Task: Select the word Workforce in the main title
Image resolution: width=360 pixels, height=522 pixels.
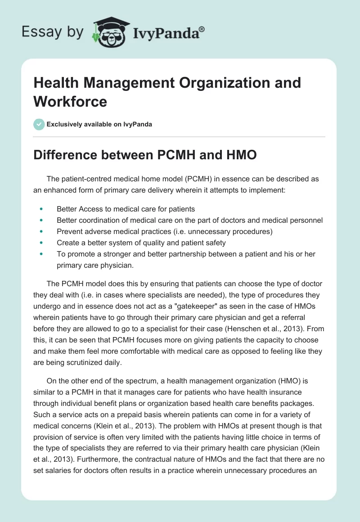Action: pos(70,101)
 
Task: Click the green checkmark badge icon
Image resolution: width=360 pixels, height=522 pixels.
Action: pos(39,124)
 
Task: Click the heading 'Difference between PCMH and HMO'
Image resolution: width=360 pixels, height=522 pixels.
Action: pos(145,155)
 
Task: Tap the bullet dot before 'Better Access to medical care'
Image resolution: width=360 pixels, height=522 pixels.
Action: pos(41,209)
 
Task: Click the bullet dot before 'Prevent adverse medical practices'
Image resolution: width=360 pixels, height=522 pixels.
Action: pos(41,231)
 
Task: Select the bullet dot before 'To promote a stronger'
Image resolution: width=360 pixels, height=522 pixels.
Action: pos(41,254)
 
